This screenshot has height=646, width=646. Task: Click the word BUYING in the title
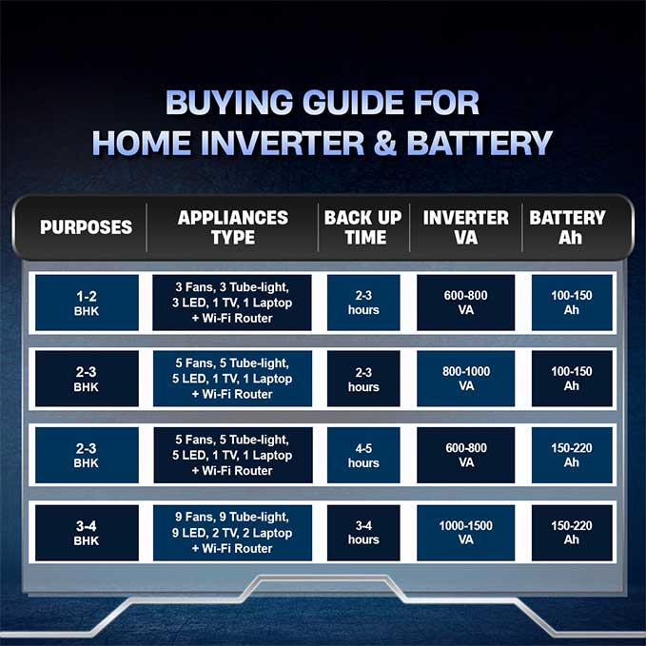pos(229,103)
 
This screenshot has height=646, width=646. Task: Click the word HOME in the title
pos(142,143)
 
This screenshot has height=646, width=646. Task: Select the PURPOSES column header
pos(87,227)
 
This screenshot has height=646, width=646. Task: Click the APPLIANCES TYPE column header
pos(233,227)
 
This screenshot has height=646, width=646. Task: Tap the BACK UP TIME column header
pos(363,227)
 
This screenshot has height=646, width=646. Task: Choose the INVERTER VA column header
pos(465,227)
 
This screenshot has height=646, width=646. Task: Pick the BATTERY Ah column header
pos(568,227)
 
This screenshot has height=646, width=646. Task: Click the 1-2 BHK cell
pos(87,303)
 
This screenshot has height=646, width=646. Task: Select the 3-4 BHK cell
pos(87,533)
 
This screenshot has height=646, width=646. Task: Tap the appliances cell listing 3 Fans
pos(232,303)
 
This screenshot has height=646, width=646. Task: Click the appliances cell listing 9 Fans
pos(232,533)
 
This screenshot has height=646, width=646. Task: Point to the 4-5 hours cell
pos(363,456)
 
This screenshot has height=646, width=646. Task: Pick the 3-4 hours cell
pos(363,533)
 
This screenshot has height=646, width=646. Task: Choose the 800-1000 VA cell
pos(466,379)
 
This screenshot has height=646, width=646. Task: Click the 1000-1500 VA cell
pos(466,533)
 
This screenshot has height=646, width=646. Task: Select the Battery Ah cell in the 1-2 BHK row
pos(572,303)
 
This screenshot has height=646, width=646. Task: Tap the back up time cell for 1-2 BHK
pos(363,303)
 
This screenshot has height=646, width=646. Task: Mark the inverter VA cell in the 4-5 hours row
pos(466,456)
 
